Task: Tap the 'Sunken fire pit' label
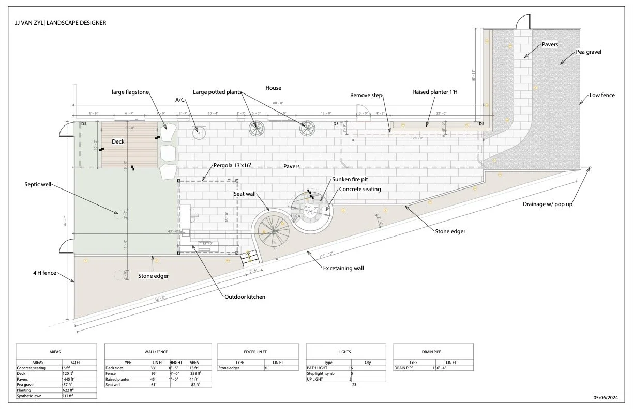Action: (x=350, y=180)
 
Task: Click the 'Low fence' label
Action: (x=602, y=95)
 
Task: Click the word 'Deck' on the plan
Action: (x=119, y=141)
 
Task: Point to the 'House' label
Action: (x=273, y=88)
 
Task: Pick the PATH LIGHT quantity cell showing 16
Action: (x=351, y=368)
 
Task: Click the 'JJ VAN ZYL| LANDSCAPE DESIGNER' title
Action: (x=61, y=23)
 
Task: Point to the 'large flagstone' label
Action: (x=130, y=92)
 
